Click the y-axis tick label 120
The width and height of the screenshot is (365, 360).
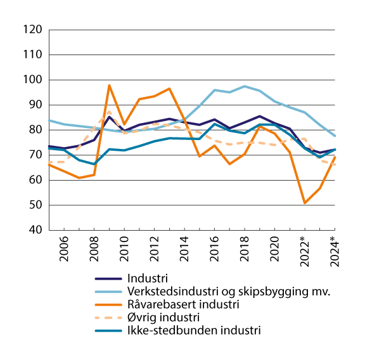pos(32,30)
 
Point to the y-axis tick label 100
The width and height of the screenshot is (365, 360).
pos(32,80)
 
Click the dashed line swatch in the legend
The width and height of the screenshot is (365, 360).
pos(109,317)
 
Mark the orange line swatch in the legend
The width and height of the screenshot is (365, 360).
pos(109,304)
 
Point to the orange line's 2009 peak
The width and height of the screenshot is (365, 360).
pos(110,85)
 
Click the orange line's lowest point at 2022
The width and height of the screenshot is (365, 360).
pos(305,203)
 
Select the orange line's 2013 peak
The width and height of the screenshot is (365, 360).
pos(169,89)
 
